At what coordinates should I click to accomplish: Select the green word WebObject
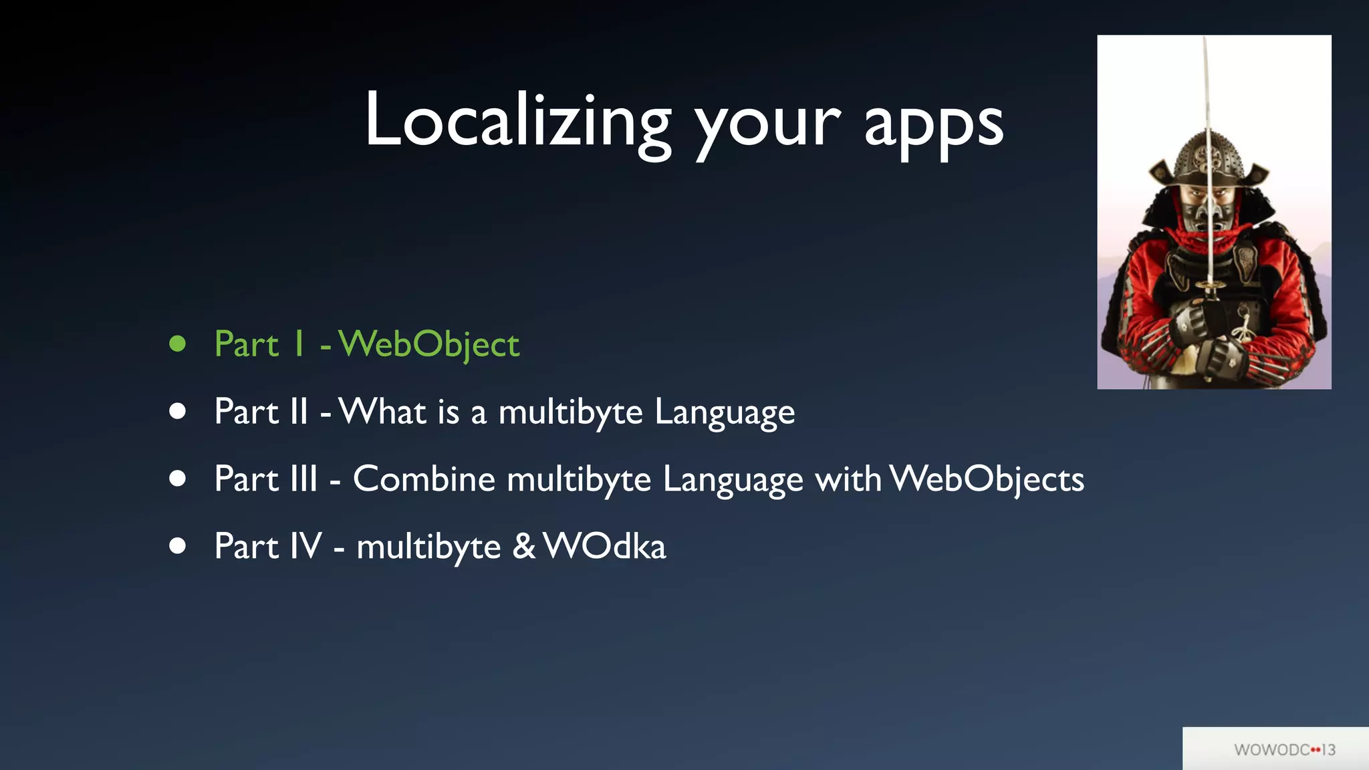(429, 344)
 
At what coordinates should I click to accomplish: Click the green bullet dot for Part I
(177, 344)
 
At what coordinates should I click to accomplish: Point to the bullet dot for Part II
(177, 411)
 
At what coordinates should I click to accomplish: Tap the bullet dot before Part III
(177, 479)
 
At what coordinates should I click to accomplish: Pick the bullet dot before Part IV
(177, 546)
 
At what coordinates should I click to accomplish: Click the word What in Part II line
(382, 411)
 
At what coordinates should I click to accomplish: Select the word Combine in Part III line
(424, 479)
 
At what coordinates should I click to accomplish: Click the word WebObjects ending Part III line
(987, 479)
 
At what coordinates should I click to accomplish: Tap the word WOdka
(605, 546)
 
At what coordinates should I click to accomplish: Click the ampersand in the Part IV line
(524, 546)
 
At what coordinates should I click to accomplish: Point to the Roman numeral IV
(306, 546)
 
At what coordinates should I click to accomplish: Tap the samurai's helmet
(1207, 160)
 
